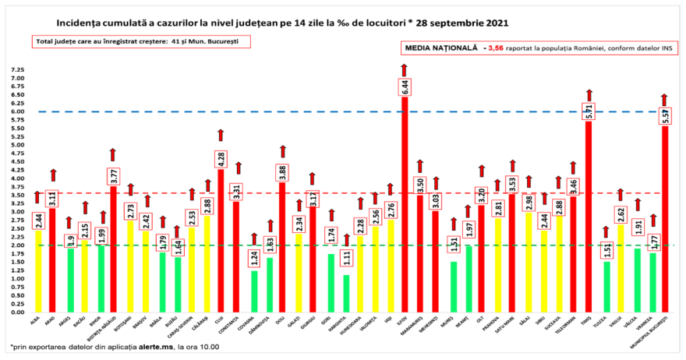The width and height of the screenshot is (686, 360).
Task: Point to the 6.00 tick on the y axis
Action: (x=17, y=111)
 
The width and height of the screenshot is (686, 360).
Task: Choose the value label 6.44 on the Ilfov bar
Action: (x=405, y=86)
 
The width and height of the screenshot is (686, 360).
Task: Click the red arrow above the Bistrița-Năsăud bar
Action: (x=113, y=154)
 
